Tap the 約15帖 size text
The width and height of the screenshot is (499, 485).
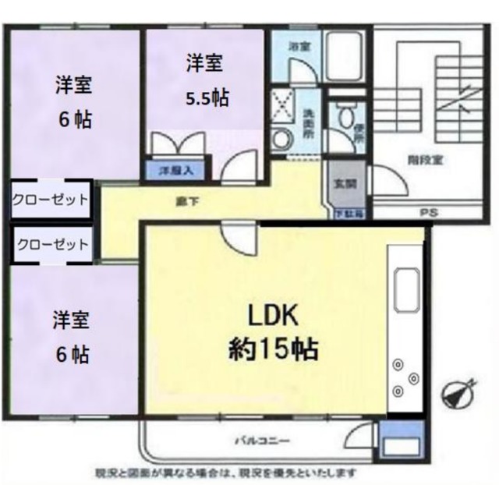click(273, 348)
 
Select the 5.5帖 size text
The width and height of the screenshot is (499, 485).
click(207, 98)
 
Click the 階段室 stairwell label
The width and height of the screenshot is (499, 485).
click(425, 161)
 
